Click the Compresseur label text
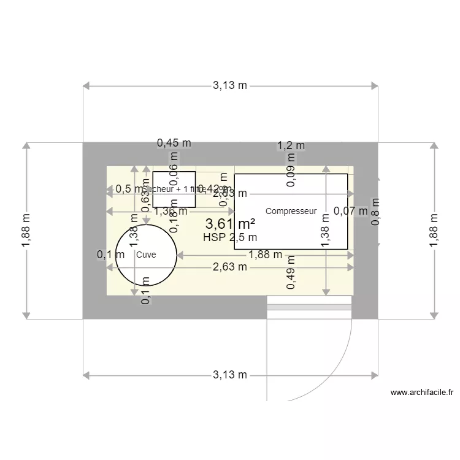(x=291, y=212)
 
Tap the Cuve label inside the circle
(x=146, y=255)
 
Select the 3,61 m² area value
(x=230, y=224)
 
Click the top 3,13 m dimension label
(x=230, y=86)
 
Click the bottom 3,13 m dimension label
(x=230, y=375)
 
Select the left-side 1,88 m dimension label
(x=26, y=230)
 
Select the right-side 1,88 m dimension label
(x=434, y=230)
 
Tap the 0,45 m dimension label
(x=174, y=143)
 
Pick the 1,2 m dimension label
(x=291, y=146)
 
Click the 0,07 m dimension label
(x=350, y=211)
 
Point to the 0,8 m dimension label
(x=376, y=211)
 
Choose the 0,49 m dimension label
(x=291, y=275)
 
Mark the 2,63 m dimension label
(x=230, y=267)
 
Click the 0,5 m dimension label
(x=127, y=189)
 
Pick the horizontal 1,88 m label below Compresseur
(x=265, y=255)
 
